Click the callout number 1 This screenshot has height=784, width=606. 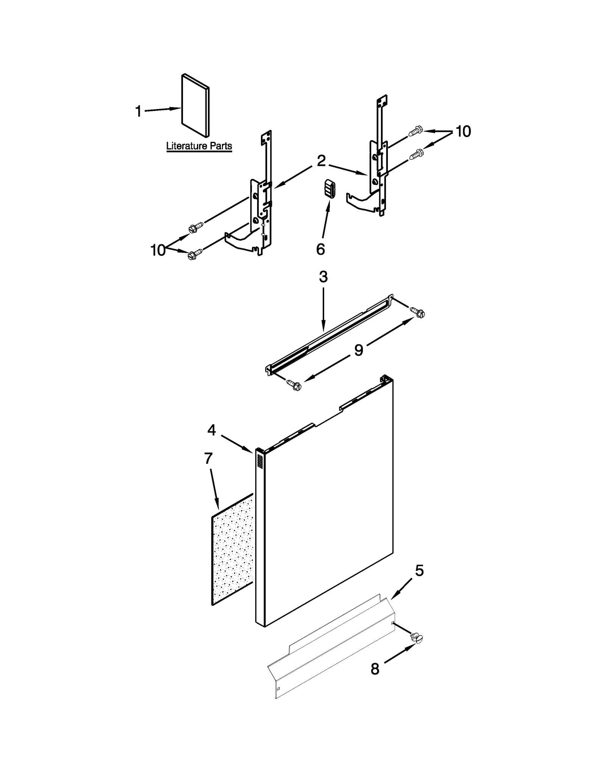[138, 112]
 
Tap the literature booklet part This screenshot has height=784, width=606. [195, 106]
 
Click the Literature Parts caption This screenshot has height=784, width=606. [199, 146]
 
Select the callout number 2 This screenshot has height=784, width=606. [321, 161]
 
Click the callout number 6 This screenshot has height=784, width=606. [320, 249]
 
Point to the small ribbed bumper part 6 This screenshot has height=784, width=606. [329, 189]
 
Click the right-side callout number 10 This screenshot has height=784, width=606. [463, 131]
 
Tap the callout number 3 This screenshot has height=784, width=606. [323, 277]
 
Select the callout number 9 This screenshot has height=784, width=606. [358, 350]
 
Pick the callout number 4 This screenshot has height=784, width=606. [211, 430]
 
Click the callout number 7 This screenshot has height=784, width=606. [208, 458]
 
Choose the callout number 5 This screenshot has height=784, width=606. [419, 581]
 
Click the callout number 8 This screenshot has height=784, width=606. [375, 669]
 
